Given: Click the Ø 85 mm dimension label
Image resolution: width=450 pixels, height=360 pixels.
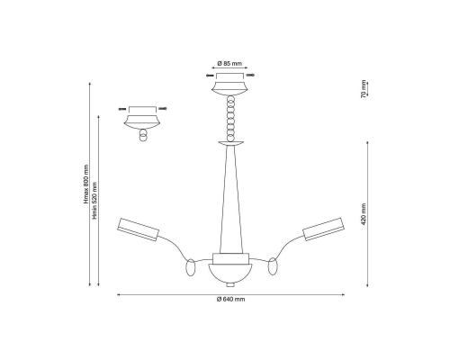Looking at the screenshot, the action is [229, 64].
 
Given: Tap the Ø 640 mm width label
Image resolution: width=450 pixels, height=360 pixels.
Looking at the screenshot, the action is [230, 299].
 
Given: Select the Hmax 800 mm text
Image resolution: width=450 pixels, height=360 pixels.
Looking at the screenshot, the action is [86, 184].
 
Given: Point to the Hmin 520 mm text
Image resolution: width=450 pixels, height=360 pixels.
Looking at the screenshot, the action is [94, 201].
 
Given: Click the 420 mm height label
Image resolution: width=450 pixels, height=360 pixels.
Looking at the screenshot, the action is [364, 214].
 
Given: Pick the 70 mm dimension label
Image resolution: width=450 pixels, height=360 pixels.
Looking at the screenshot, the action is [364, 89].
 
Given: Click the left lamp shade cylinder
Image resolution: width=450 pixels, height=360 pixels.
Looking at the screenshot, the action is [138, 229].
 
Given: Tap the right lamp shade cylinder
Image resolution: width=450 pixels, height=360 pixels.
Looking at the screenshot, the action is [323, 229].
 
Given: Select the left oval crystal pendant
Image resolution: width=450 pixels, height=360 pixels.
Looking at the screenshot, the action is [190, 267].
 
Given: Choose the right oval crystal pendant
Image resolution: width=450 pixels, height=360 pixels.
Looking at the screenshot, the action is [273, 266].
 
